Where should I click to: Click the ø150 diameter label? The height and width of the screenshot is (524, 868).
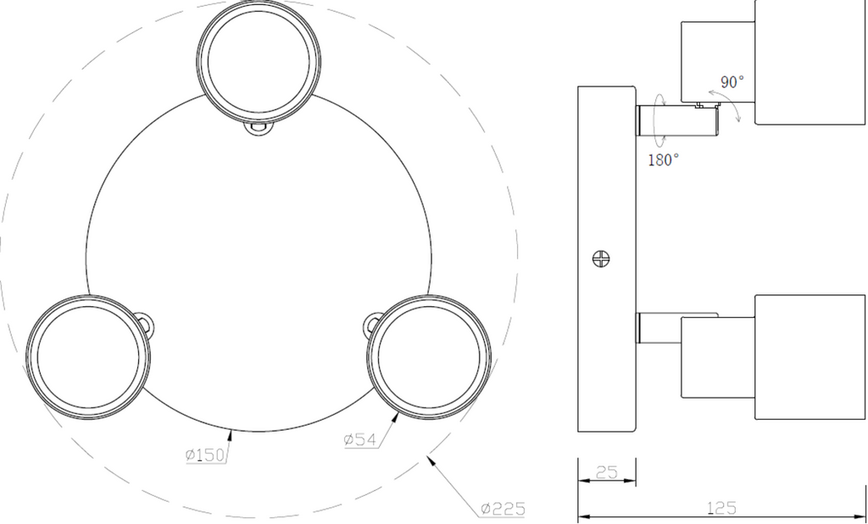coord(205,454)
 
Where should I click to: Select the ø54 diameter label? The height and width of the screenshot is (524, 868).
coord(359,440)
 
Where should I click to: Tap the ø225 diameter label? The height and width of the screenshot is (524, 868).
coord(502,509)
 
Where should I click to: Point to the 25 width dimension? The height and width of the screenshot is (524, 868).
coord(607,472)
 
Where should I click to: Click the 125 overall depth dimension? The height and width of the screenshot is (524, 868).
coord(721,508)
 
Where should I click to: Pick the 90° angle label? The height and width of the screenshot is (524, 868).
coord(732,82)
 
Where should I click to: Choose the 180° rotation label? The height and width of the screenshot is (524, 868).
coord(663,160)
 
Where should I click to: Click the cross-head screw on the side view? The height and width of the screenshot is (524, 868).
coord(601,259)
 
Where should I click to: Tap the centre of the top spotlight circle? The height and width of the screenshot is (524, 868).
coord(259,61)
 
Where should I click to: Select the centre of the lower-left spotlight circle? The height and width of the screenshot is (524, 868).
coord(88,357)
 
